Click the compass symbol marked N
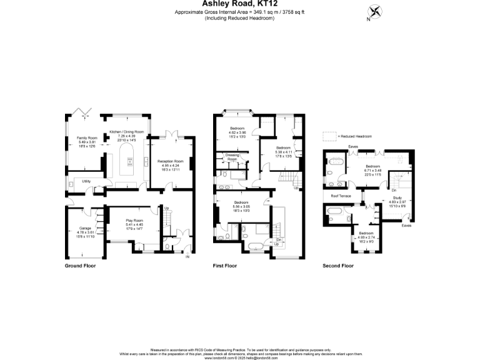375,12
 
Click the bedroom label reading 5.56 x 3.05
242,206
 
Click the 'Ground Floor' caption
81,266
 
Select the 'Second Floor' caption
338,266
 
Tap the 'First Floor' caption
225,266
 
